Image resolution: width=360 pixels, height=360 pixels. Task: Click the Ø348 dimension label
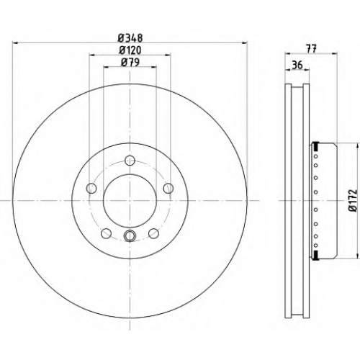(130, 38)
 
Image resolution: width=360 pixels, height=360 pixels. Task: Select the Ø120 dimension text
(130, 50)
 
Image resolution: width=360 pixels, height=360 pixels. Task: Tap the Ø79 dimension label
(130, 63)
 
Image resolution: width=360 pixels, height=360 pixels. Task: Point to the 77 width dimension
(312, 49)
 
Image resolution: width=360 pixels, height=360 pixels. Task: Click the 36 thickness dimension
(297, 65)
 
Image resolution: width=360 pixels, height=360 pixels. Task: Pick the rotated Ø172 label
(353, 201)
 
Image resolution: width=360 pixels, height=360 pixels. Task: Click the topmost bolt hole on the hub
(130, 161)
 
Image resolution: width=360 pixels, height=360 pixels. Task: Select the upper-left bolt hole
(91, 188)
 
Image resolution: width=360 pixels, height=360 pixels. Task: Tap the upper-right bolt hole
(168, 188)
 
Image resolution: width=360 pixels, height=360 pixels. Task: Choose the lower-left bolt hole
(106, 233)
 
